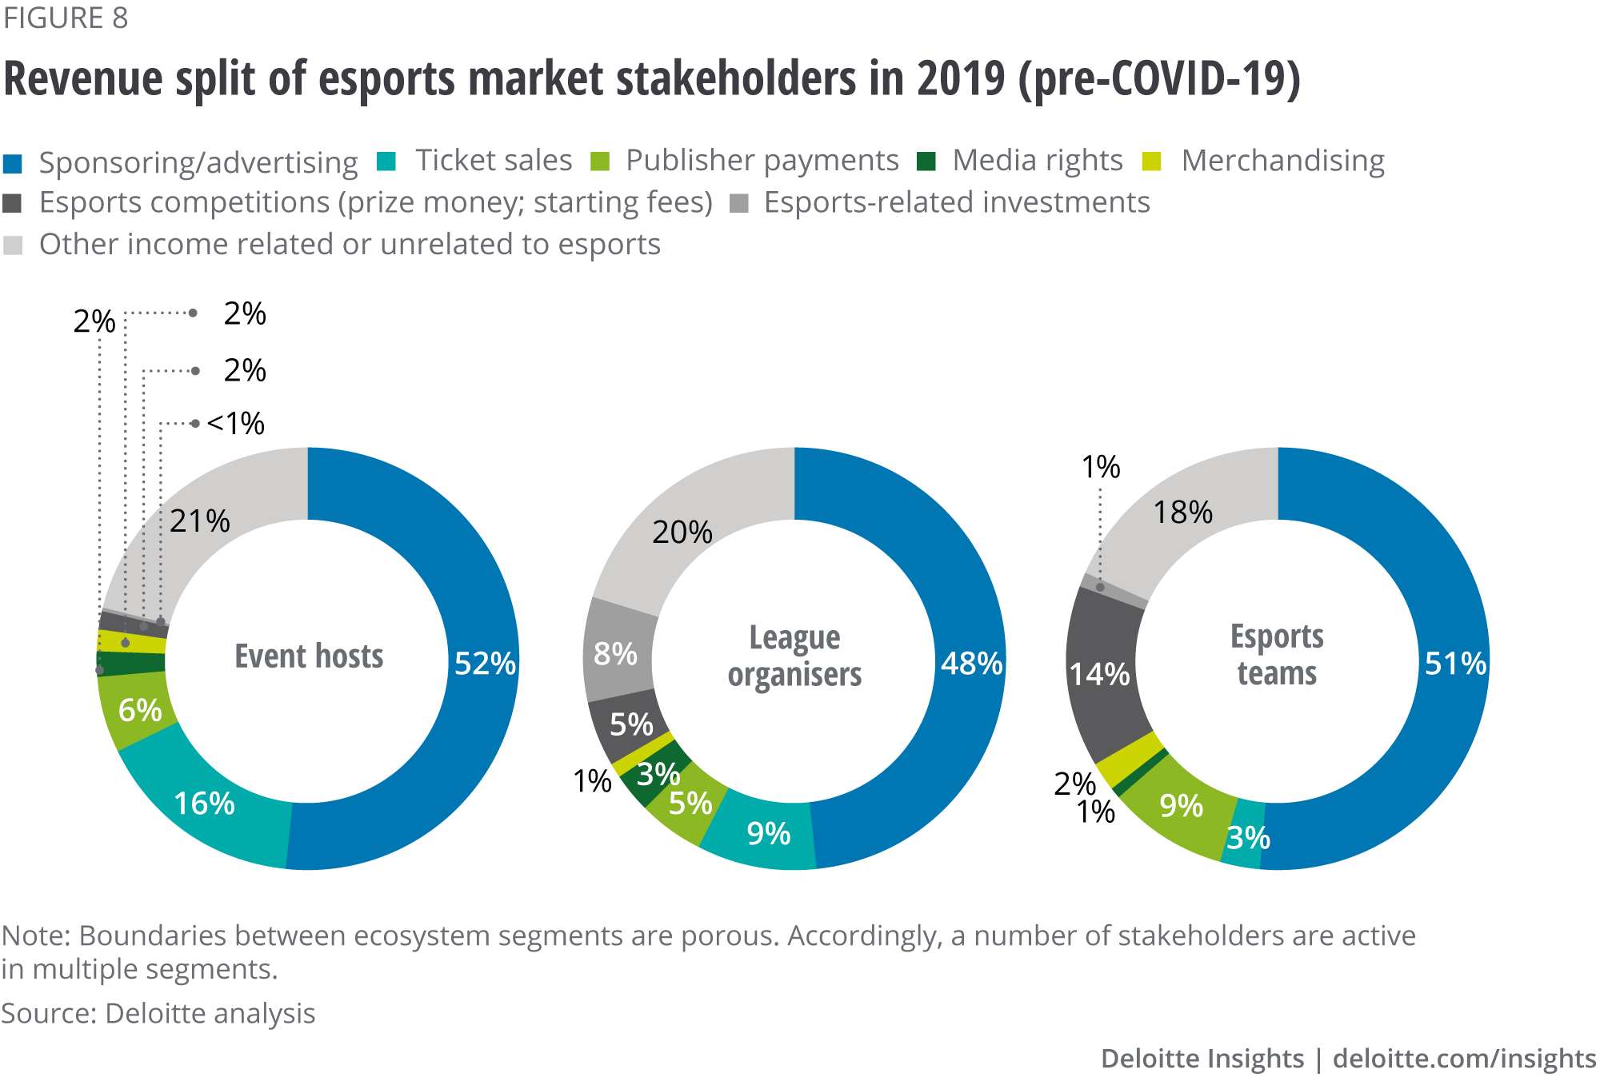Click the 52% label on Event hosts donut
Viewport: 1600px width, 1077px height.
tap(485, 663)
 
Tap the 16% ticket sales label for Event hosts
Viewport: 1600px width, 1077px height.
tap(204, 804)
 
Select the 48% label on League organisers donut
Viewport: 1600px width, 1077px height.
tap(971, 663)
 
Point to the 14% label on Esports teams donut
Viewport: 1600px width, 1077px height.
tap(1099, 674)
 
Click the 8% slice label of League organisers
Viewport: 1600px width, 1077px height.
tap(615, 653)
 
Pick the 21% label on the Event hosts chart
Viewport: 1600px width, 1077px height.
tap(199, 521)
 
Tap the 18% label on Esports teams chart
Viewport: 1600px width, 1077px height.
tap(1182, 513)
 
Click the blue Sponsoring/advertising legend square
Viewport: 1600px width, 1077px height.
tap(13, 164)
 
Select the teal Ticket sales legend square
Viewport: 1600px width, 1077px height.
tap(386, 162)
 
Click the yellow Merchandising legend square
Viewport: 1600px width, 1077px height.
tap(1152, 162)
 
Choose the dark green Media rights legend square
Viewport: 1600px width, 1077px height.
tap(926, 162)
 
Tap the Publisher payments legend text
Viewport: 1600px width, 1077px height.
tap(762, 161)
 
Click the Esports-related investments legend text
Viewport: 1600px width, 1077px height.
tap(957, 202)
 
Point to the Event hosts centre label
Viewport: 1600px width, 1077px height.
tap(309, 656)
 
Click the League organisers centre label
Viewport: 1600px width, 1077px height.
tap(794, 656)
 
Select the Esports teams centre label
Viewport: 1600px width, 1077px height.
tap(1277, 655)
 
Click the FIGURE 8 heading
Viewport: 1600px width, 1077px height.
tap(65, 18)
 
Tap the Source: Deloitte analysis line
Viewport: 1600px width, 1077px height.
tap(158, 1013)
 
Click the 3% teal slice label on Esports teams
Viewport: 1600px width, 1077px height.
tap(1248, 838)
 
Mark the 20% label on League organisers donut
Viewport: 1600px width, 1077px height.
tap(682, 532)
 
